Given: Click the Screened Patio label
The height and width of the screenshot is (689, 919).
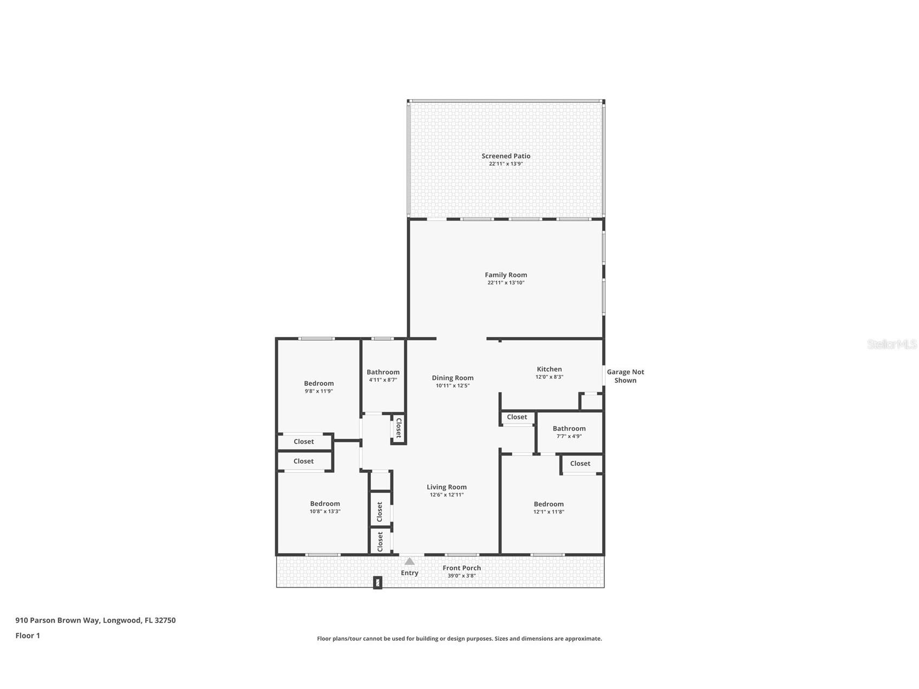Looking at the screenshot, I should pyautogui.click(x=506, y=156).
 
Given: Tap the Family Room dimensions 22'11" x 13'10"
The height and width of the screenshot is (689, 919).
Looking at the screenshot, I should pyautogui.click(x=506, y=283).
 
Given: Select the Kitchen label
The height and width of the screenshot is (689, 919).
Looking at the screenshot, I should pyautogui.click(x=549, y=369).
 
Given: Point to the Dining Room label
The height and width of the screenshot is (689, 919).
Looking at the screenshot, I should pyautogui.click(x=452, y=378).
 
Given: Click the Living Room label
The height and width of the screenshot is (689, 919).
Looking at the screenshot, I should pyautogui.click(x=446, y=487).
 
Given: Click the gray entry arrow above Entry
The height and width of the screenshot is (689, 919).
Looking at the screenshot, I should pyautogui.click(x=409, y=561).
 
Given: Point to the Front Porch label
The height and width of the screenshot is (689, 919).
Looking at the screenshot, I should pyautogui.click(x=461, y=568).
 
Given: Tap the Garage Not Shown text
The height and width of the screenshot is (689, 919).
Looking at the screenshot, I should pyautogui.click(x=625, y=376).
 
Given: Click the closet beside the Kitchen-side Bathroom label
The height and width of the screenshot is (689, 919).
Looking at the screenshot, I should pyautogui.click(x=517, y=417).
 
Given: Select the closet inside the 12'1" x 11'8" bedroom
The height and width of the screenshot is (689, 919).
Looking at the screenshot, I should pyautogui.click(x=580, y=464).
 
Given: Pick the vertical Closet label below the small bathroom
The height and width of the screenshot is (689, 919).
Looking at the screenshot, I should pyautogui.click(x=399, y=428).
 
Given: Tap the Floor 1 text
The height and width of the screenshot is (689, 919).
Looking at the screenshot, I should pyautogui.click(x=28, y=635).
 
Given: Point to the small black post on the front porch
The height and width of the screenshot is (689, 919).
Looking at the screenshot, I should pyautogui.click(x=377, y=583).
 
